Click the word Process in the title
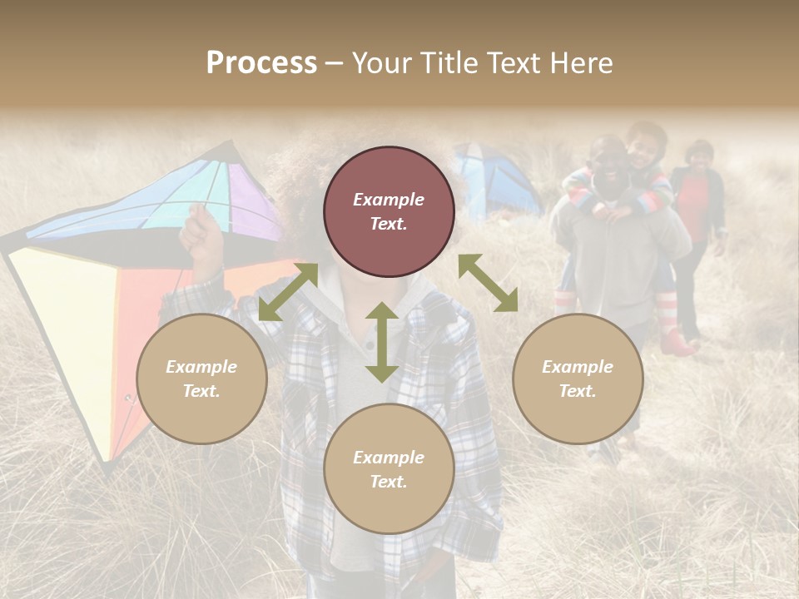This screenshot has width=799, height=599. [261, 63]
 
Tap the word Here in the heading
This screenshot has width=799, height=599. [581, 63]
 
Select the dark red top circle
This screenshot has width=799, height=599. [389, 212]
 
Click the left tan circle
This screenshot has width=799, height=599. [201, 379]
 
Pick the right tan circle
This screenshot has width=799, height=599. [578, 379]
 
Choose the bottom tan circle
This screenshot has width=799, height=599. [389, 469]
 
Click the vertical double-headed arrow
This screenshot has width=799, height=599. [381, 342]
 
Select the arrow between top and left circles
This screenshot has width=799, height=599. [288, 291]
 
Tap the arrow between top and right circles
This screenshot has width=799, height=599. [488, 283]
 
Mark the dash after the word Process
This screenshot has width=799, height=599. [334, 63]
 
